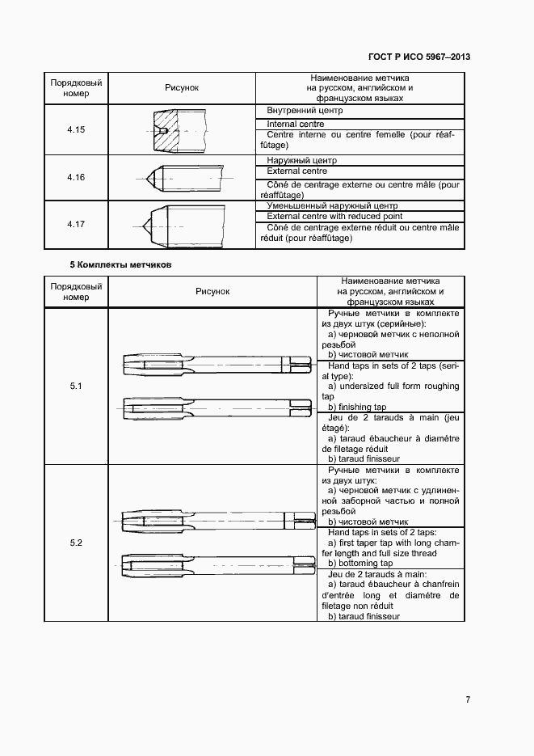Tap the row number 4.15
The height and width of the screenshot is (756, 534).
coord(76,129)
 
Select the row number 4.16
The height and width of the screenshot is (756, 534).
coord(76,177)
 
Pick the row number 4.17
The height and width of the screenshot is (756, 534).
coord(76,223)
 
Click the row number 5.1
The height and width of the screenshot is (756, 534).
coord(76,386)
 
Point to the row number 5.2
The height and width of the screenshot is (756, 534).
coord(76,543)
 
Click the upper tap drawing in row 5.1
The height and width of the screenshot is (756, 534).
coord(217,364)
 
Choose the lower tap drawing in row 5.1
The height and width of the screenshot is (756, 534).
coord(217,407)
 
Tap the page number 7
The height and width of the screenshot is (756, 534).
coord(468,699)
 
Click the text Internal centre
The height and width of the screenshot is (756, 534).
coord(296,125)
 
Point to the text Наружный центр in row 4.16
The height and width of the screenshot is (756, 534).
coord(301,161)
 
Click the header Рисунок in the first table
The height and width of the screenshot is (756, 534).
coord(181,87)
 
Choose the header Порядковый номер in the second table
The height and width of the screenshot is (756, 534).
coord(76,292)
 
